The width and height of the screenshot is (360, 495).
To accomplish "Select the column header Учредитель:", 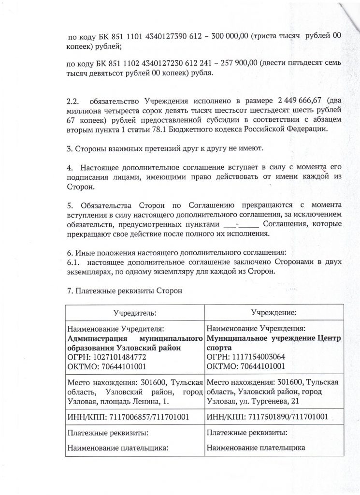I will click(135, 313).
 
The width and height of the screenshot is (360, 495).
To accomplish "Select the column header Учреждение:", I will click(274, 313).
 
